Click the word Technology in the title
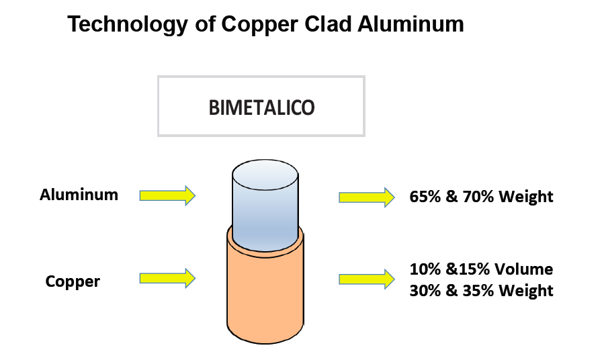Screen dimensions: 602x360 pyautogui.click(x=128, y=25)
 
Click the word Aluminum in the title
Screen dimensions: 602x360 pyautogui.click(x=411, y=24)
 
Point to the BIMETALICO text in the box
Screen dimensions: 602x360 pyautogui.click(x=261, y=107)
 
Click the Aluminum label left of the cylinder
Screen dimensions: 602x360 pyautogui.click(x=79, y=195)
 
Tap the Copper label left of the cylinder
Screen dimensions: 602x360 pyautogui.click(x=73, y=281)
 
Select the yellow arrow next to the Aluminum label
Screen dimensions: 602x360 pyautogui.click(x=167, y=195)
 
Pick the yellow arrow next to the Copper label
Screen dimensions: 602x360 pyautogui.click(x=167, y=278)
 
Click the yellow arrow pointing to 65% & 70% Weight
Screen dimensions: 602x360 pyautogui.click(x=367, y=197)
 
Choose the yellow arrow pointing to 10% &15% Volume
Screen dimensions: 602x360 pyautogui.click(x=367, y=279)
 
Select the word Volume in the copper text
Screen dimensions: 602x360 pyautogui.click(x=523, y=269)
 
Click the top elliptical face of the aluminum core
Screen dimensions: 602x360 pyautogui.click(x=265, y=175)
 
